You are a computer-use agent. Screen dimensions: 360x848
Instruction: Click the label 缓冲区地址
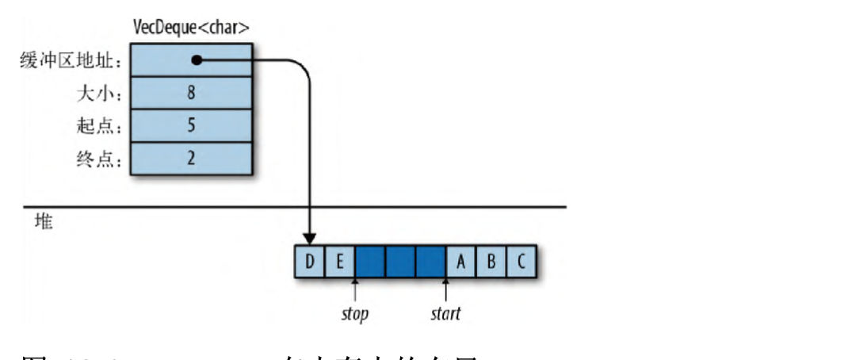point(71,61)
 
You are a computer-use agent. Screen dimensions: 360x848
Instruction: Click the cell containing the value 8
point(191,94)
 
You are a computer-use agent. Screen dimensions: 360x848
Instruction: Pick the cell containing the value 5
point(191,126)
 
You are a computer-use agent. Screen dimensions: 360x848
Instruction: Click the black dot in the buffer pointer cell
point(197,60)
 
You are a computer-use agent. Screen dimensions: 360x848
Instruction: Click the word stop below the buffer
point(354,314)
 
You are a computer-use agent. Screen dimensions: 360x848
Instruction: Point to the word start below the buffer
point(445,314)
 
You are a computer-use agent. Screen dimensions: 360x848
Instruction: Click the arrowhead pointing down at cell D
point(310,237)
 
